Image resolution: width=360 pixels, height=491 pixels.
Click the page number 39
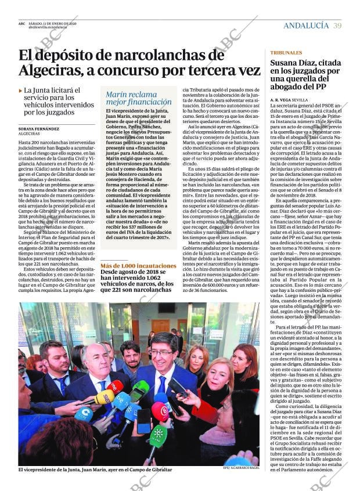point(337,26)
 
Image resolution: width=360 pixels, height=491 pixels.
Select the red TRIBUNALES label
point(286,52)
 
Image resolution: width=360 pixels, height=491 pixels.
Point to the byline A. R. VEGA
point(282,100)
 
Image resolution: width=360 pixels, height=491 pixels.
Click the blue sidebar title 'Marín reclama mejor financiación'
point(131,98)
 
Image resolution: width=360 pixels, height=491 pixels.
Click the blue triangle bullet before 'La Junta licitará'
point(21,91)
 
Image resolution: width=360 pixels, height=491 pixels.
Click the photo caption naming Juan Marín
point(95,470)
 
